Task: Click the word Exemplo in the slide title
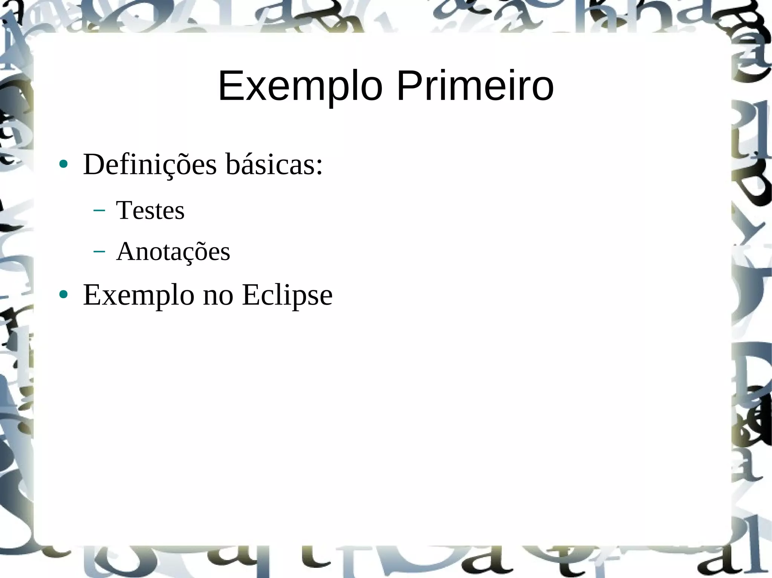(x=300, y=87)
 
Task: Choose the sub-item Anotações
(x=173, y=251)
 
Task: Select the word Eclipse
(x=287, y=295)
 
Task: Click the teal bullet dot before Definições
(x=63, y=164)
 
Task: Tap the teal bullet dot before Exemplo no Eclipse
(x=63, y=294)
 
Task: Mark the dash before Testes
(x=99, y=210)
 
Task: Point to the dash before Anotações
(x=99, y=252)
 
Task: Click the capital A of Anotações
(x=126, y=251)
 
